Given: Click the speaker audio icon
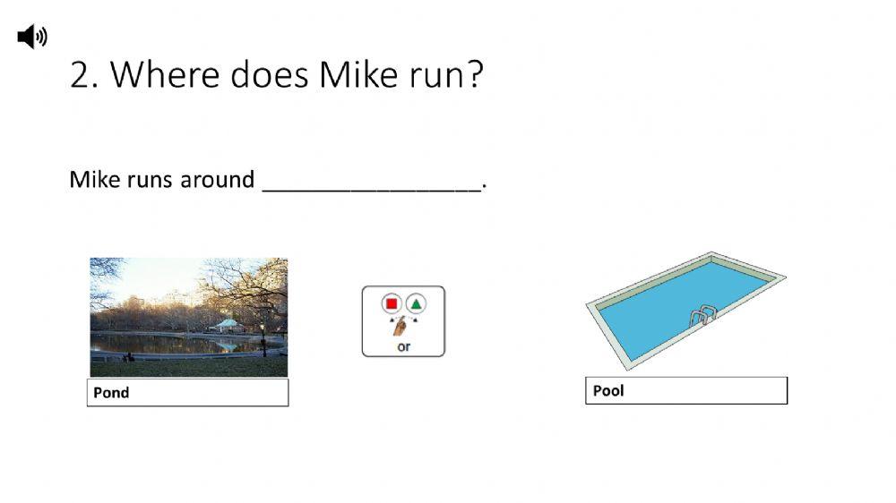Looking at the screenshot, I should pos(31,37).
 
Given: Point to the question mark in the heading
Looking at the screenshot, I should pos(474,76).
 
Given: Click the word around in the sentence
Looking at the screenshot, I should pos(218,180).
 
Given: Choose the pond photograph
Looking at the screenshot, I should pos(188,317).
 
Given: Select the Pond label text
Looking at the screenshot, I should pos(111,393).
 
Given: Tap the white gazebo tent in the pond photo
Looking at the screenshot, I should pos(228,325).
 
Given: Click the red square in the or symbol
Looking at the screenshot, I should pos(391,303).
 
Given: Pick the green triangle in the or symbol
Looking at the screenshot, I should pos(417,303).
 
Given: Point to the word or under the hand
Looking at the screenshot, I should pos(403,346).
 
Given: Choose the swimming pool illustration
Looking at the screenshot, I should pos(685,309).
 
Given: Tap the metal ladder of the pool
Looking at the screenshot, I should pos(703,315).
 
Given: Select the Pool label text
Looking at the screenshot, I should pos(608,391).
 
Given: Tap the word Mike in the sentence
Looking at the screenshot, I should pos(88,180).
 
